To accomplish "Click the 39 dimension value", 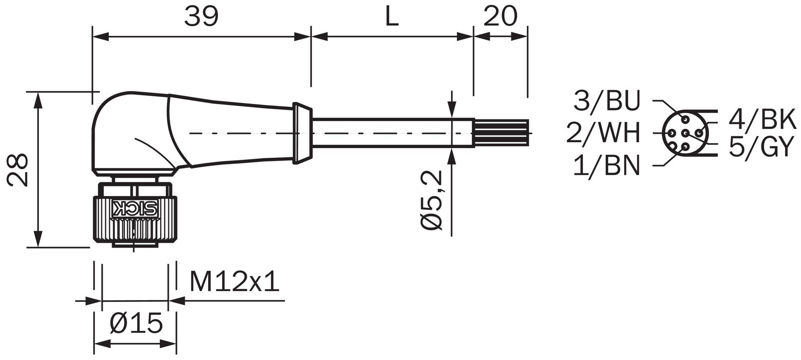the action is [202, 17].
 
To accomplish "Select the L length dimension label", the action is [391, 17].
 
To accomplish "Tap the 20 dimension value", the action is [500, 17].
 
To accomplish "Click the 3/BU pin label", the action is [607, 101].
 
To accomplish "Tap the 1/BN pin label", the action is [607, 165].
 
